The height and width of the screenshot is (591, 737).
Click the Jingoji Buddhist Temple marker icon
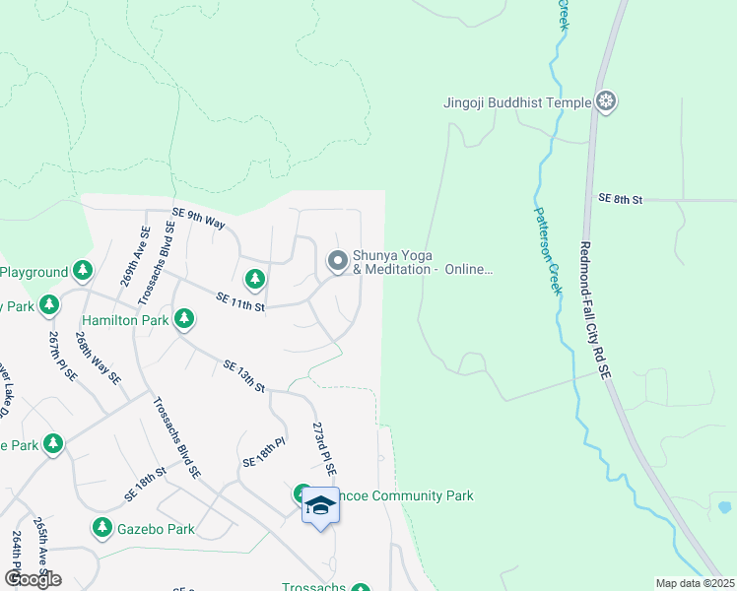(607, 101)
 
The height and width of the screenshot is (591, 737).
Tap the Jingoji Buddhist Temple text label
(516, 101)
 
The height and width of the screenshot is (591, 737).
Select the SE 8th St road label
(620, 199)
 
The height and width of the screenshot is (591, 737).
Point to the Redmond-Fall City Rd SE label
(594, 310)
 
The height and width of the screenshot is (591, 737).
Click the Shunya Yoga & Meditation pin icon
(338, 261)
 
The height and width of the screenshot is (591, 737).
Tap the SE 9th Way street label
(199, 217)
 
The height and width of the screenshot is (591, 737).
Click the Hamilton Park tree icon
(183, 319)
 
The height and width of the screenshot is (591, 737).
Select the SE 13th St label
(244, 376)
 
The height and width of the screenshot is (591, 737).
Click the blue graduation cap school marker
(320, 504)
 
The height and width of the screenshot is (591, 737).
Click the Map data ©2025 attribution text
(694, 583)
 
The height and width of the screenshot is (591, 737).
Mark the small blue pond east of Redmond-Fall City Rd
(725, 507)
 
